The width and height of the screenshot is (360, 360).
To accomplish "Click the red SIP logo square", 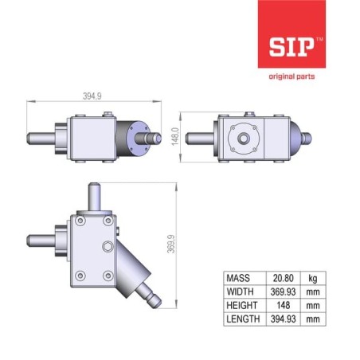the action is (x=292, y=34).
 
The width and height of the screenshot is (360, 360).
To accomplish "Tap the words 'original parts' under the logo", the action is (x=292, y=76).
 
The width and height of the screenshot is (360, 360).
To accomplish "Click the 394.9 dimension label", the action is (x=92, y=96).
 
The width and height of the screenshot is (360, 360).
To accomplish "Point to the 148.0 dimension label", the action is (x=175, y=136).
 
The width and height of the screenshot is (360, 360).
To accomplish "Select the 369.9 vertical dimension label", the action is (x=171, y=244).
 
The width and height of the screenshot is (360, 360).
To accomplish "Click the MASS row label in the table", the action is (x=238, y=278).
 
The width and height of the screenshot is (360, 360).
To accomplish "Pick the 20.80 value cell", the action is (x=284, y=278).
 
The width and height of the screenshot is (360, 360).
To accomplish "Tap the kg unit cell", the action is (x=313, y=279).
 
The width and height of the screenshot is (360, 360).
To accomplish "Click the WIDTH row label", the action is (x=241, y=292).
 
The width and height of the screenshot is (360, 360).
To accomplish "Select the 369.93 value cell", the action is (x=284, y=292).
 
